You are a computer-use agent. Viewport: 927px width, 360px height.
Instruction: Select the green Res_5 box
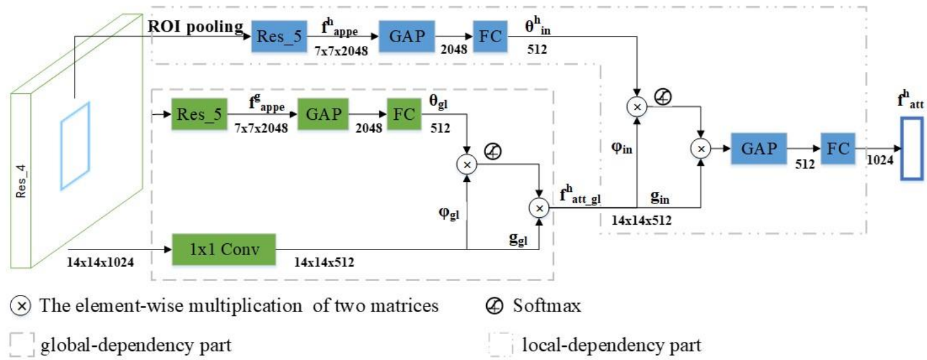[x=198, y=114]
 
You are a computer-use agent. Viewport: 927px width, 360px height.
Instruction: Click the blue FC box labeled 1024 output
[x=837, y=148]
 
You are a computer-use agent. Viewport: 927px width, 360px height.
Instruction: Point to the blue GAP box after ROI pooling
[x=408, y=37]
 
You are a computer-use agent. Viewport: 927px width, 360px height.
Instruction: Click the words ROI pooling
[x=195, y=27]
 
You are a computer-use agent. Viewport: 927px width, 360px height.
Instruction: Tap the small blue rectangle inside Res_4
[x=75, y=145]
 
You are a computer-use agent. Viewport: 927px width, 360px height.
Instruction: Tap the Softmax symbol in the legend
[x=494, y=305]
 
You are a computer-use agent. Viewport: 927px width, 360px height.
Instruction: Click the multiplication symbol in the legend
[x=20, y=305]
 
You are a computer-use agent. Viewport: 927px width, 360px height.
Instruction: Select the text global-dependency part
[x=136, y=344]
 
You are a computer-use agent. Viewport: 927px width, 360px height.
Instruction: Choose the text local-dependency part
[x=612, y=344]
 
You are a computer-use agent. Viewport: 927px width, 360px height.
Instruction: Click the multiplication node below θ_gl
[x=466, y=163]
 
